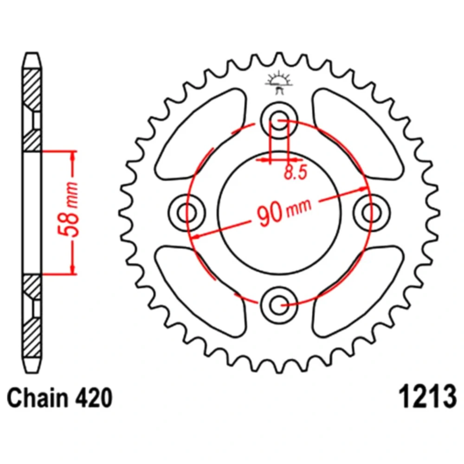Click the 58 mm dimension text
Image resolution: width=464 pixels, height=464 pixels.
coord(69,210)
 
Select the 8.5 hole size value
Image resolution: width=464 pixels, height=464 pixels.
coord(296,172)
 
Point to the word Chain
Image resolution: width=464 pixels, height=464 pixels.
coord(37,398)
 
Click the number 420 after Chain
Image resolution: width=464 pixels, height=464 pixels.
coord(94,398)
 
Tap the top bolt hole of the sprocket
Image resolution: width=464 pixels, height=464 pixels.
coord(279,121)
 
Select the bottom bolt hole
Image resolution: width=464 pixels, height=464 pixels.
coord(279,305)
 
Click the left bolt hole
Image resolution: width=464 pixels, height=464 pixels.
coord(187,213)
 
